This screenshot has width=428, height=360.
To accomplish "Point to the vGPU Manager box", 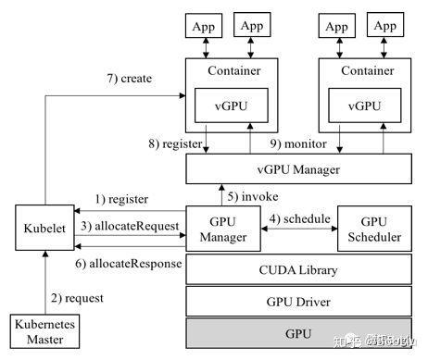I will [299, 169].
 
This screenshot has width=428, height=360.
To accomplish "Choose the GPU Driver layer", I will [299, 301].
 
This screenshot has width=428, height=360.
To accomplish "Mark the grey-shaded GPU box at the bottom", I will [299, 333].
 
